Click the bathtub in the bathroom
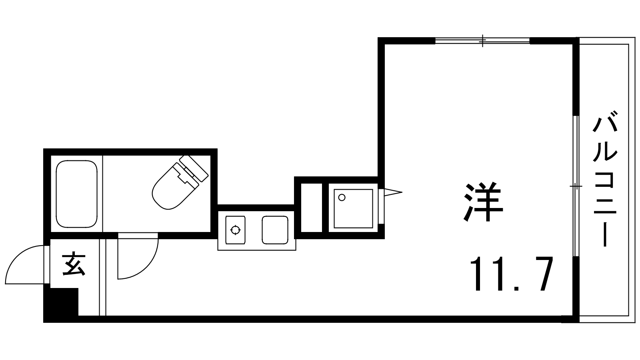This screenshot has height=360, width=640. (76, 194)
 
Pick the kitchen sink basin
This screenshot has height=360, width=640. (275, 230)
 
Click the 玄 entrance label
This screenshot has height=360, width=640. (74, 264)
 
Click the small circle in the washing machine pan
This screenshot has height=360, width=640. (342, 197)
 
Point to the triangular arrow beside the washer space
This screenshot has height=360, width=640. (392, 193)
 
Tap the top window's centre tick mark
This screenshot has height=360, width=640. (483, 40)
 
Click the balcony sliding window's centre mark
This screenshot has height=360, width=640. (576, 186)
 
